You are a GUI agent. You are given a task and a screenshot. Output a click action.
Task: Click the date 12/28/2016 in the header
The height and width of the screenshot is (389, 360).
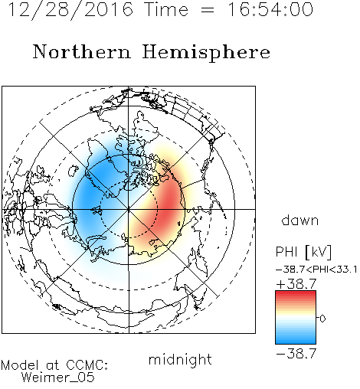pyautogui.click(x=70, y=10)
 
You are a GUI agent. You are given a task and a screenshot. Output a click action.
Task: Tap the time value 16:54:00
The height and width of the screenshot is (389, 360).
pyautogui.click(x=270, y=9)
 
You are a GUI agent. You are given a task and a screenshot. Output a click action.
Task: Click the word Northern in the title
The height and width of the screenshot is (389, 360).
pyautogui.click(x=82, y=52)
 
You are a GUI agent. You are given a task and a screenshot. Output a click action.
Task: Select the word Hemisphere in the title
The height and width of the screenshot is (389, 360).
pyautogui.click(x=206, y=53)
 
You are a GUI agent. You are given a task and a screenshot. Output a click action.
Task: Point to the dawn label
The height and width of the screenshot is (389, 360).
pyautogui.click(x=300, y=221)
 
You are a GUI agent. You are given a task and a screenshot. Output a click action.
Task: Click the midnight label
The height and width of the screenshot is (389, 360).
pyautogui.click(x=180, y=360)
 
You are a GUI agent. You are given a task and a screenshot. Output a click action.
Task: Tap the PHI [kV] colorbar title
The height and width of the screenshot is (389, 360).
pyautogui.click(x=303, y=252)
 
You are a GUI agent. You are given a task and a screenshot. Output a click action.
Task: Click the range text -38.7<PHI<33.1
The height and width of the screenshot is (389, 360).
pyautogui.click(x=316, y=270)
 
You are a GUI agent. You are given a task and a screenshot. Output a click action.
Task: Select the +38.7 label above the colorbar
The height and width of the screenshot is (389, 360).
pyautogui.click(x=296, y=283)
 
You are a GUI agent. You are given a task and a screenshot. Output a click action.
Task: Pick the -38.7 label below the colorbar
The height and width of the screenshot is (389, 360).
pyautogui.click(x=296, y=354)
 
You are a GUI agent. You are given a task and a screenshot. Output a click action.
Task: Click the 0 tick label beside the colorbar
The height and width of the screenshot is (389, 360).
pyautogui.click(x=322, y=319)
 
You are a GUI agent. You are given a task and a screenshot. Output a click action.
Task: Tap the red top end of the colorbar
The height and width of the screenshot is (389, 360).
pyautogui.click(x=296, y=293)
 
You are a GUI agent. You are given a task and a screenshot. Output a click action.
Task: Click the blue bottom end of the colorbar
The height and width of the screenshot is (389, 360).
pyautogui.click(x=296, y=342)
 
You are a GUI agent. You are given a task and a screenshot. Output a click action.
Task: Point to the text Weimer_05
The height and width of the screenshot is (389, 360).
pyautogui.click(x=58, y=378)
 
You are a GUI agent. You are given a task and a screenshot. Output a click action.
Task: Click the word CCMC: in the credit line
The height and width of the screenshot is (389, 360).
pyautogui.click(x=87, y=365)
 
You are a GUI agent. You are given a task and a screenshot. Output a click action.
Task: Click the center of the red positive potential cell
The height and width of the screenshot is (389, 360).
pyautogui.click(x=167, y=204)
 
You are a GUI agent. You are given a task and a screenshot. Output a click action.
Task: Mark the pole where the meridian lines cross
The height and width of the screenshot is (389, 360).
pyautogui.click(x=129, y=209)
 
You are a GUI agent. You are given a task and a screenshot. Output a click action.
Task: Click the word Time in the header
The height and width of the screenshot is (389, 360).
pyautogui.click(x=166, y=9)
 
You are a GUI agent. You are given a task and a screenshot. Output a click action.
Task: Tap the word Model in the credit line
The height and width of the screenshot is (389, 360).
pyautogui.click(x=20, y=365)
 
